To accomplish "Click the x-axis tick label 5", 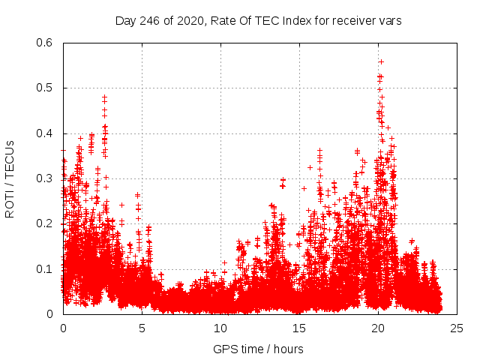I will click(142, 328).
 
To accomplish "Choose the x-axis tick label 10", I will click(220, 328).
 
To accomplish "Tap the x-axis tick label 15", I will click(299, 328).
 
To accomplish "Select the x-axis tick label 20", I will click(378, 328).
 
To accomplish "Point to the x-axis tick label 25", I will click(457, 328).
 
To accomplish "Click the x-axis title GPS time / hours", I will click(259, 349).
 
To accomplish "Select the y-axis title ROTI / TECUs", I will click(10, 178).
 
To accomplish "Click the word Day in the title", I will click(125, 21).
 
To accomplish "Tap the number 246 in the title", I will click(150, 21).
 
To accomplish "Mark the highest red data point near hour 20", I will click(381, 61).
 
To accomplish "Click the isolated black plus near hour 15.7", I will click(310, 167).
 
